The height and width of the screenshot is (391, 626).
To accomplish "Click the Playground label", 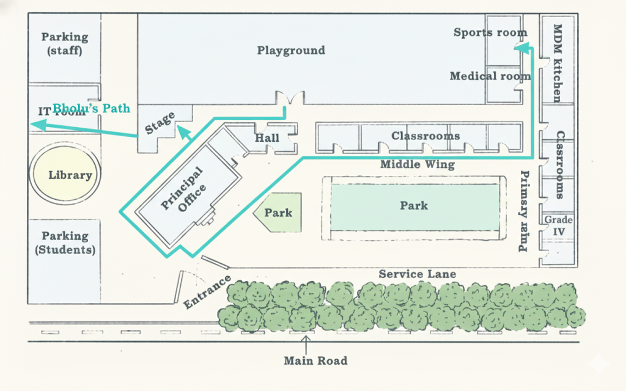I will point(290,50).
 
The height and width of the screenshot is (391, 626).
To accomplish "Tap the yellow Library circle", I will point(70,175).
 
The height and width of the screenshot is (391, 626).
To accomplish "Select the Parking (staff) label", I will point(65,43).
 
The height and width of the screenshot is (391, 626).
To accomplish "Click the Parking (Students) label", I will point(65,243).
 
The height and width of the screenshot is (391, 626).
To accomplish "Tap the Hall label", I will point(267,138).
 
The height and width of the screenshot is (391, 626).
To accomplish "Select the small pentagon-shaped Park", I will point(279,213).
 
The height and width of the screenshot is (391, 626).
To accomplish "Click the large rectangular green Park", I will point(414,205).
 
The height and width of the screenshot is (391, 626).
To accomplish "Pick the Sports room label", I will point(490,32).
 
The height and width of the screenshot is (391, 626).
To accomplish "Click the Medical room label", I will point(490,76).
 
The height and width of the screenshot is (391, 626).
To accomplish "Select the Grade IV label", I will point(558,225).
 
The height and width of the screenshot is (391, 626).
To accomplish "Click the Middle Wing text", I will point(418,164).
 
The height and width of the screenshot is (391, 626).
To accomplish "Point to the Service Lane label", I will point(417,274).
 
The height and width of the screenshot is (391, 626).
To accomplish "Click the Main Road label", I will point(315,360).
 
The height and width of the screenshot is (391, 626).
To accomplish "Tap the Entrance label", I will point(207,291).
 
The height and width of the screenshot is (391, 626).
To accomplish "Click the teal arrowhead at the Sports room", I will point(521,48).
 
